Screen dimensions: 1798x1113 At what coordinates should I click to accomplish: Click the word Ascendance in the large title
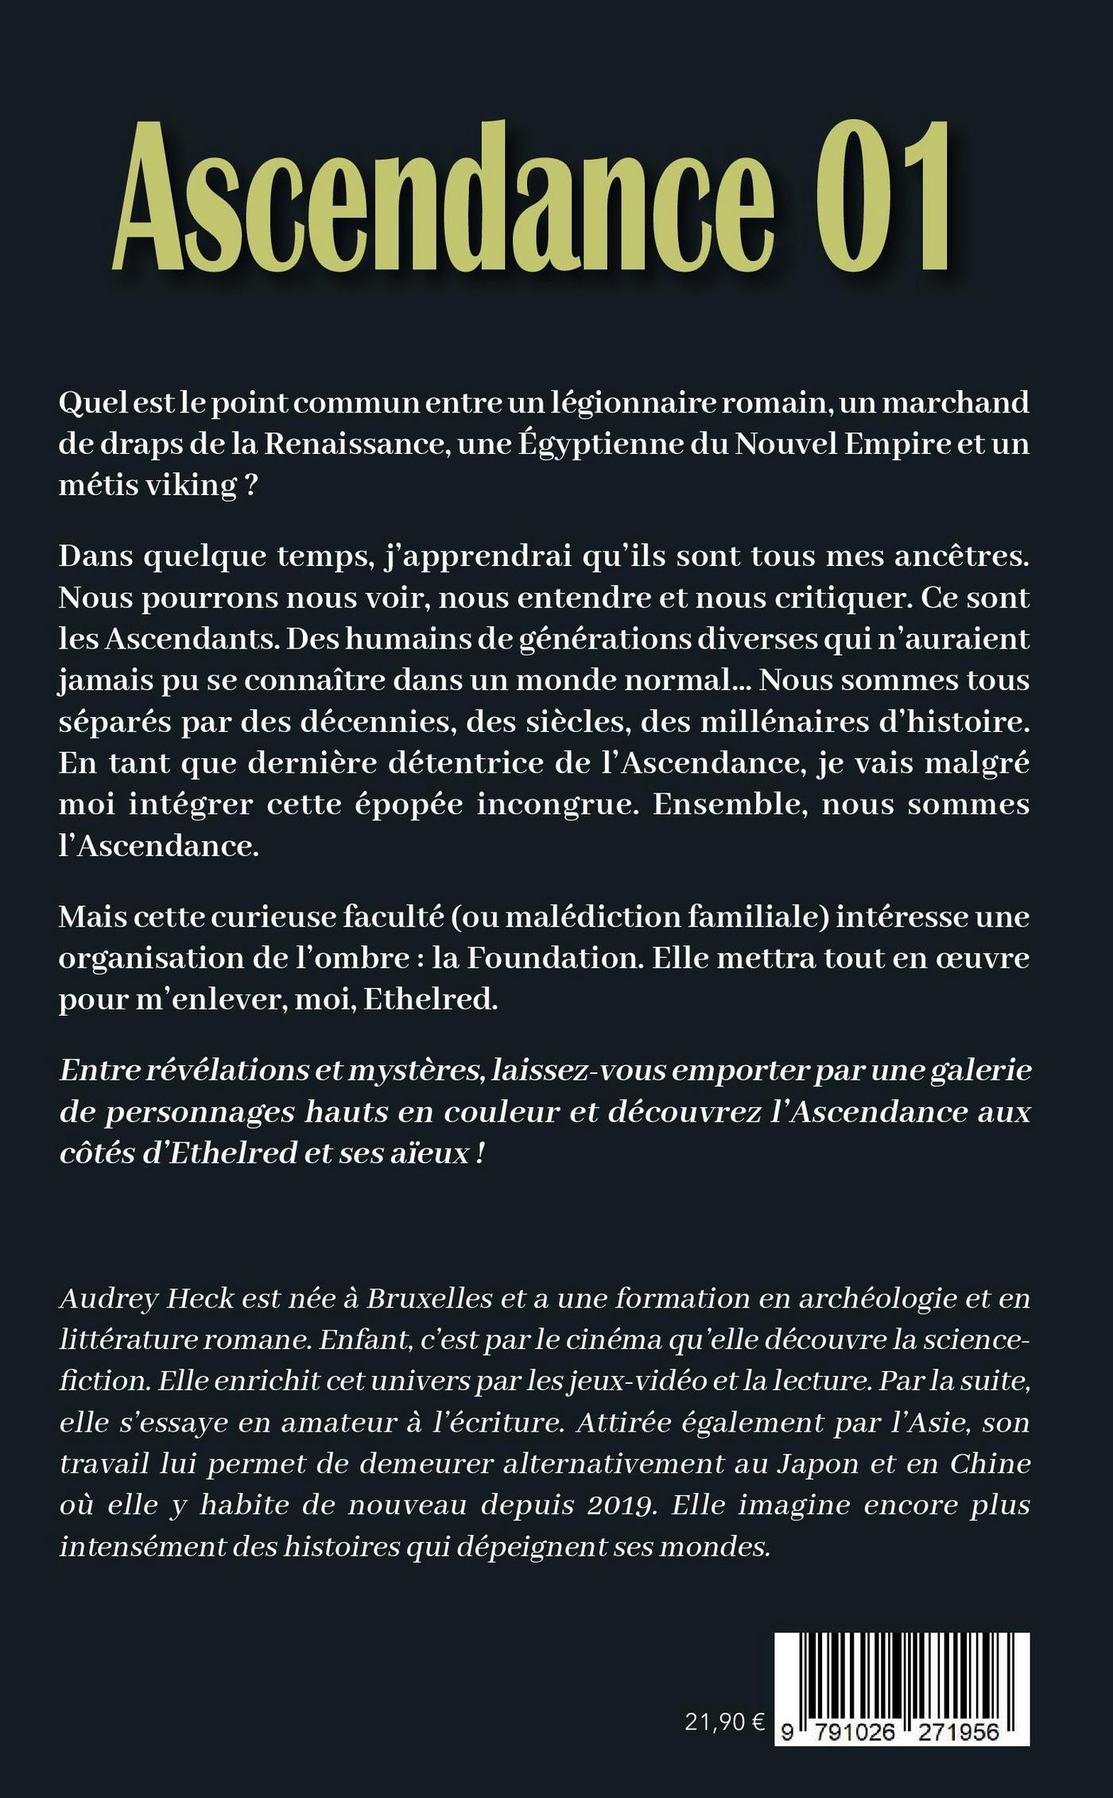tap(445, 199)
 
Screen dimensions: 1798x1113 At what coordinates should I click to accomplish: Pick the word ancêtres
tap(962, 556)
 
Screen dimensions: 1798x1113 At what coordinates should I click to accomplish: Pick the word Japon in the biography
tap(815, 1463)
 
